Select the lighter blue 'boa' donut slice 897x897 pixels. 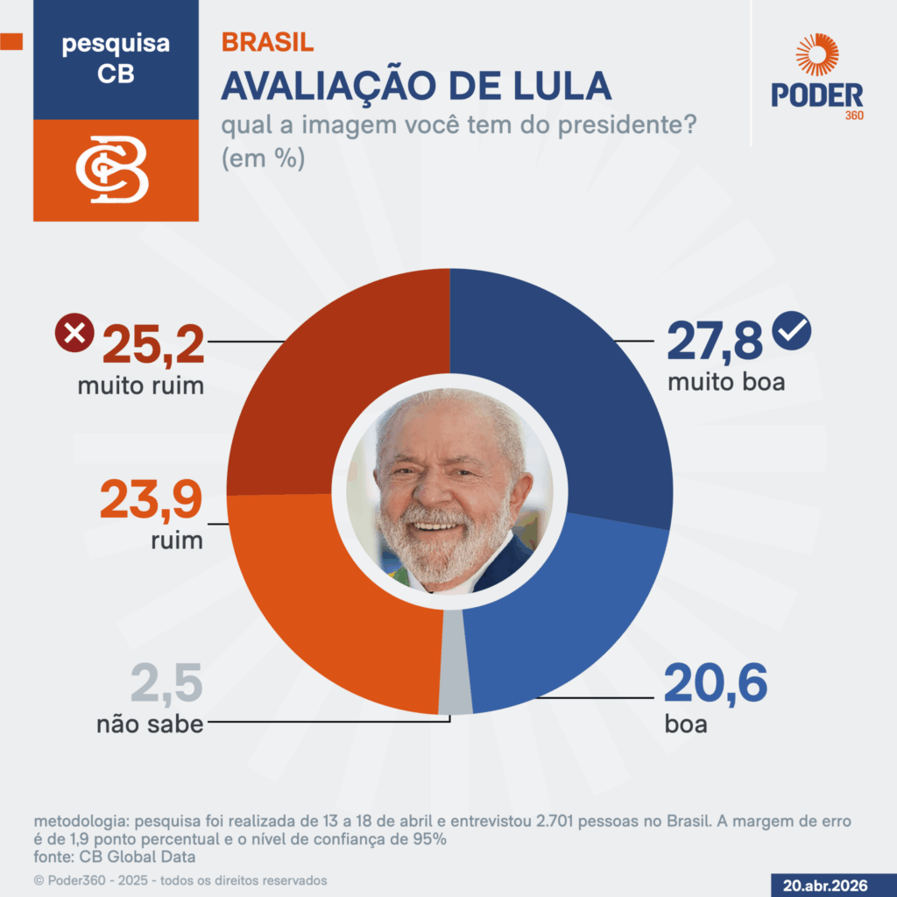pos(569,613)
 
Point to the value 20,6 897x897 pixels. pos(715,684)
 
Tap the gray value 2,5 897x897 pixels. pos(166,684)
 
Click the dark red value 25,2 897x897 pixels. pos(153,343)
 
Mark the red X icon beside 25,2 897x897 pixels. pos(74,333)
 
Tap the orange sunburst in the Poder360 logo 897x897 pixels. pos(816,55)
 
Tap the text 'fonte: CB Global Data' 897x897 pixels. pos(115,856)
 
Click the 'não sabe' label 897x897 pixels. pos(150,724)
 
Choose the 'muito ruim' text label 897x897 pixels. pos(141,385)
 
